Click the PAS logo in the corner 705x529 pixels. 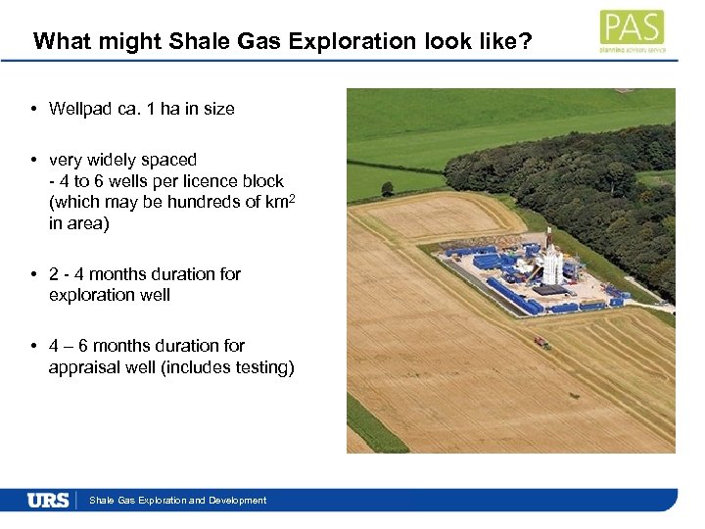point(632,30)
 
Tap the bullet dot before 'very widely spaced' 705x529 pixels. point(34,160)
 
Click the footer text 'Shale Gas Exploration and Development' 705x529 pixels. point(177,501)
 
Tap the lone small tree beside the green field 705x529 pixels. point(388,188)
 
